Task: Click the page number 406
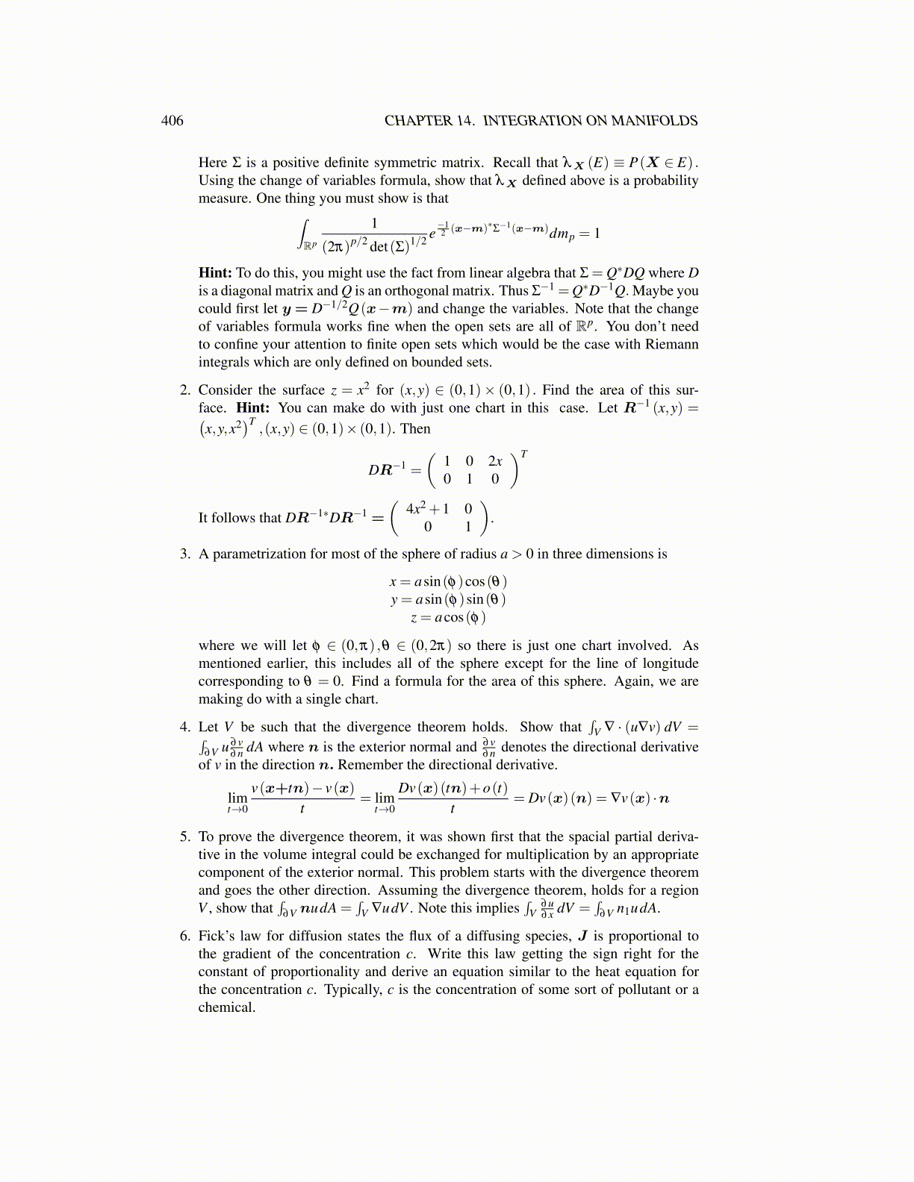172,121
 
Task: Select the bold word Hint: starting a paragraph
215,273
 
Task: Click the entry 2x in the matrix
495,462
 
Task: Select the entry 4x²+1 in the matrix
427,509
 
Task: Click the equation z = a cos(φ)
448,618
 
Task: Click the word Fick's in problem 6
216,936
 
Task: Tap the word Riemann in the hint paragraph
674,345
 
